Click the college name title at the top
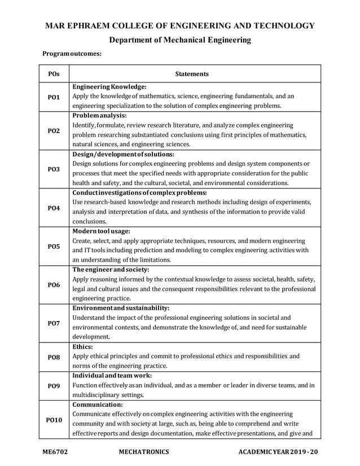pyautogui.click(x=179, y=26)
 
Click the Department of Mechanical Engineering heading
pyautogui.click(x=179, y=40)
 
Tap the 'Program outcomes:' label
pyautogui.click(x=72, y=55)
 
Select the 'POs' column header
pyautogui.click(x=54, y=74)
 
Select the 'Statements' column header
pyautogui.click(x=192, y=74)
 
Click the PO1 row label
pyautogui.click(x=54, y=97)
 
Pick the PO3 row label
pyautogui.click(x=54, y=169)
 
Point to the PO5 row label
pyautogui.click(x=54, y=246)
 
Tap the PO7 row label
pyautogui.click(x=54, y=323)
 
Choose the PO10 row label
pyautogui.click(x=54, y=420)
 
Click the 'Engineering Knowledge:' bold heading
pyautogui.click(x=109, y=87)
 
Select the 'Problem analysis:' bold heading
pyautogui.click(x=99, y=115)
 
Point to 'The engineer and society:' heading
pyautogui.click(x=111, y=270)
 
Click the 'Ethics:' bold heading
pyautogui.click(x=83, y=346)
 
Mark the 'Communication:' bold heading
pyautogui.click(x=98, y=405)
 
